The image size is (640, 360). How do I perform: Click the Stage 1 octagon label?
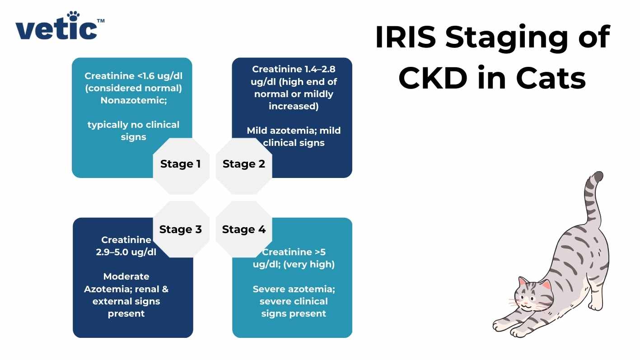click(181, 164)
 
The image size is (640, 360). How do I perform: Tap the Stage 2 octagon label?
click(244, 164)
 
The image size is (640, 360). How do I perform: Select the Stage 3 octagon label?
click(181, 229)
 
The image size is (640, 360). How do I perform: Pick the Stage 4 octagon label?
click(244, 229)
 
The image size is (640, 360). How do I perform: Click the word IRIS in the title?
click(405, 37)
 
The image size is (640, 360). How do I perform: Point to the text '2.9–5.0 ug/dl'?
click(126, 252)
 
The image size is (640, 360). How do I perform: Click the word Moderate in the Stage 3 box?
click(126, 276)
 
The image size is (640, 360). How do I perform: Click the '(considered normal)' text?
click(134, 88)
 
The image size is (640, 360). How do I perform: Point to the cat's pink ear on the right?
click(546, 285)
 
